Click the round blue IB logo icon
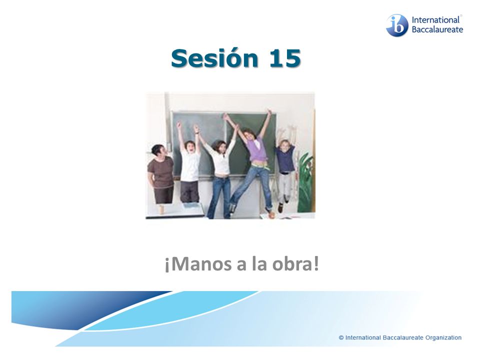(396, 25)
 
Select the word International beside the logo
(435, 20)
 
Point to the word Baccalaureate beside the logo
(437, 29)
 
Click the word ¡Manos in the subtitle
(198, 264)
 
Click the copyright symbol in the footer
(341, 337)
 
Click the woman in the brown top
(161, 173)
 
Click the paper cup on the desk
(161, 209)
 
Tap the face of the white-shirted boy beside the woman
(190, 147)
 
